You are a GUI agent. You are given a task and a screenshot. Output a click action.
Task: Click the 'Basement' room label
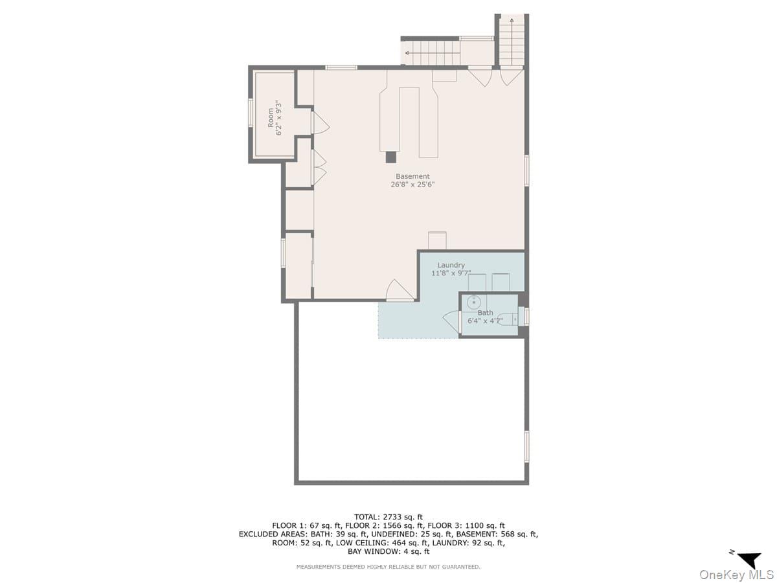(x=412, y=176)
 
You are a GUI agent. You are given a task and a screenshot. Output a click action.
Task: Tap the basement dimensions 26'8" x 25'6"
(x=412, y=185)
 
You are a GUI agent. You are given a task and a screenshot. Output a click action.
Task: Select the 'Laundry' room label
(x=451, y=265)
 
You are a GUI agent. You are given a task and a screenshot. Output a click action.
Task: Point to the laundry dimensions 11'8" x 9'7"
(x=451, y=273)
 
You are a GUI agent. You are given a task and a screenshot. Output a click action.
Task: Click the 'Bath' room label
(x=485, y=313)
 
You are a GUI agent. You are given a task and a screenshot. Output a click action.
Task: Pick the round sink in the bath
(x=473, y=302)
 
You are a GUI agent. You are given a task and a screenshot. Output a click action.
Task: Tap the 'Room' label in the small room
(x=271, y=117)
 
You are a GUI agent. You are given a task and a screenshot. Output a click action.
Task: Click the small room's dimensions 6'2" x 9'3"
(x=280, y=117)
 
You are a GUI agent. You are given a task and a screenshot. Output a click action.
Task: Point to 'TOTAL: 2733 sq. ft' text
(x=388, y=517)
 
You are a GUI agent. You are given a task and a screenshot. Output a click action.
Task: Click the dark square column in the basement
(x=390, y=157)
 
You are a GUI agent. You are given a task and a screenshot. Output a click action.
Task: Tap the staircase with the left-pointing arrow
(x=431, y=52)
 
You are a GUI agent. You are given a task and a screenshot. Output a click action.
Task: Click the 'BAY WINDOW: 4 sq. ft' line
(x=388, y=552)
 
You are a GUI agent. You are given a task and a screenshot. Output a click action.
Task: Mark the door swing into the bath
(x=451, y=319)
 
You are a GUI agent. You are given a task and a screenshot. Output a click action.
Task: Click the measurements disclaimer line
(x=388, y=567)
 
